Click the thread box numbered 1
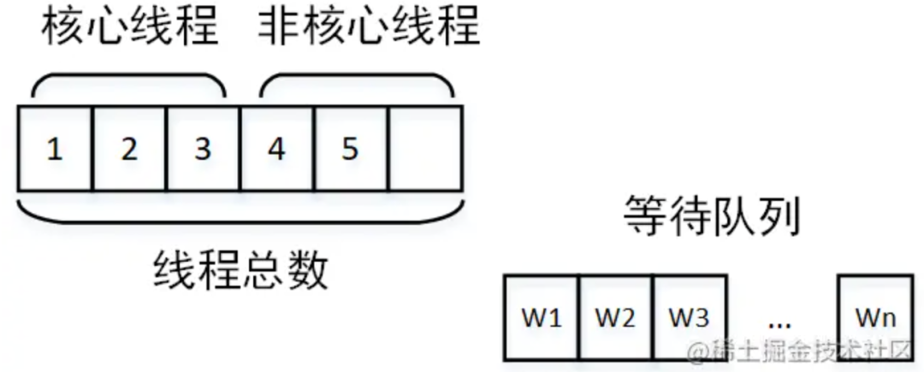click(x=54, y=149)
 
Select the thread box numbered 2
click(x=129, y=149)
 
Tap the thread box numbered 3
click(x=203, y=149)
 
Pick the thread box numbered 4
click(x=276, y=149)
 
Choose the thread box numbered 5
click(x=350, y=149)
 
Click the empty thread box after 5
click(x=424, y=149)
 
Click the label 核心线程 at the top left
click(x=131, y=28)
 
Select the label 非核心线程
click(x=369, y=28)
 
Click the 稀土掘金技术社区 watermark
click(x=805, y=351)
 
